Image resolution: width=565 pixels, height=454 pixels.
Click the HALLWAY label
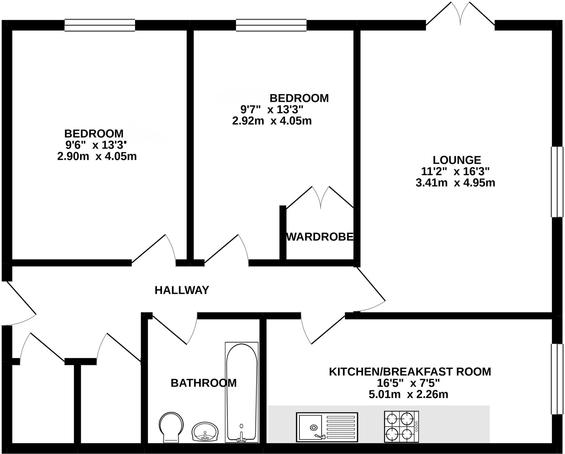coord(182,290)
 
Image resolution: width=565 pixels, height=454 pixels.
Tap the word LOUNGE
coord(457,160)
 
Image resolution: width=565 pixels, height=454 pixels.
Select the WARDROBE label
coord(320,237)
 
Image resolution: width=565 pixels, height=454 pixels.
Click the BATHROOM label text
coord(204,383)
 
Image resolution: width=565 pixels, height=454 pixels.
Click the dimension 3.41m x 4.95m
coord(455,183)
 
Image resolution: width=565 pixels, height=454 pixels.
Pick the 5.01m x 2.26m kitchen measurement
coord(408,395)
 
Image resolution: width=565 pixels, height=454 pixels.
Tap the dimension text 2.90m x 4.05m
coord(97,157)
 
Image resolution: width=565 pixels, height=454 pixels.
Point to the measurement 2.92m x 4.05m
coord(272,121)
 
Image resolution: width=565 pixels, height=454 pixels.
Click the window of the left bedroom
coord(100,25)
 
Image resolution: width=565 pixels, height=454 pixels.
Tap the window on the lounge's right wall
coord(557,182)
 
